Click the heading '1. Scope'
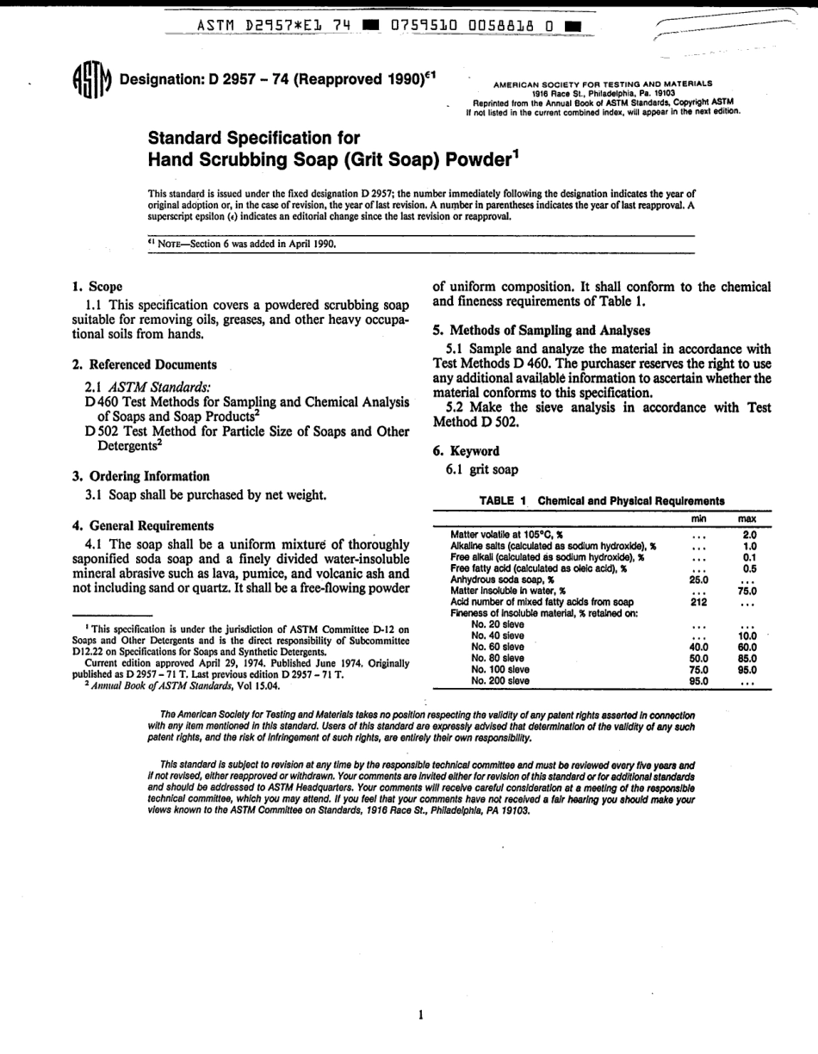click(97, 287)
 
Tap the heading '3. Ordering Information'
click(140, 476)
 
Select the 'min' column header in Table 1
click(698, 519)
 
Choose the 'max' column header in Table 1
click(747, 519)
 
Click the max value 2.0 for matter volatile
click(749, 535)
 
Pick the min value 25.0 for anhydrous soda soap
click(698, 580)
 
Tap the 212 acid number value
click(699, 602)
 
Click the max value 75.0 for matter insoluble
click(747, 591)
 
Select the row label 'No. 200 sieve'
click(501, 680)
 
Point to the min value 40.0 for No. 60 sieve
click(698, 647)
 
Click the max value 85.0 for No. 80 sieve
click(747, 658)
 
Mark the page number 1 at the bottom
click(420, 1015)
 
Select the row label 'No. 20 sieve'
click(498, 624)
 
